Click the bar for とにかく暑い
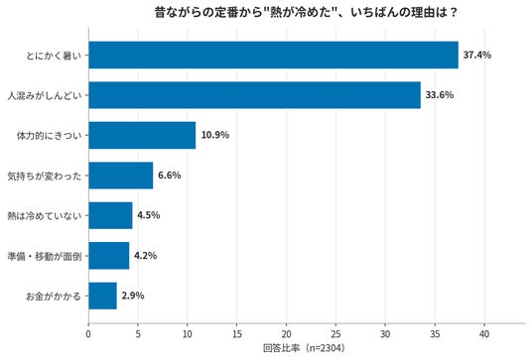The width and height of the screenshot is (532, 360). point(274,55)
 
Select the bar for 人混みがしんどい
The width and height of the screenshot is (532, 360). point(255,95)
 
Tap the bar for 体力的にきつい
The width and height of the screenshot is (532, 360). point(142,135)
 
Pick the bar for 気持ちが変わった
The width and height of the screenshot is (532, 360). point(121,176)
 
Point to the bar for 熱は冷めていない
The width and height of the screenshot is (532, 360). point(110,215)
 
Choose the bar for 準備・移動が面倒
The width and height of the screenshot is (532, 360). point(109,256)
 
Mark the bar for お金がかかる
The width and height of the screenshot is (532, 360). point(103,296)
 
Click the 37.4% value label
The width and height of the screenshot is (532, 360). point(477,55)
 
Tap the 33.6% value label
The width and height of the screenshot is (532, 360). point(440,95)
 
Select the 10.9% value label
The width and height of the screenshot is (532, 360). point(215,135)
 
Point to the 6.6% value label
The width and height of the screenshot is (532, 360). point(170,176)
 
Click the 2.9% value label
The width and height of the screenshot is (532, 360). point(133,296)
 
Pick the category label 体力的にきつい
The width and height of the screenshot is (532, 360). point(50,136)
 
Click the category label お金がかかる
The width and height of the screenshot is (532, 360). point(54,297)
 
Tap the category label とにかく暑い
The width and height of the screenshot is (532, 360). point(54,56)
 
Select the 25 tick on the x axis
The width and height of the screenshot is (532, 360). point(335,334)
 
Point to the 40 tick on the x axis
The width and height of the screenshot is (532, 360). point(484,334)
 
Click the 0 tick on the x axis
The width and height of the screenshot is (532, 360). point(88,334)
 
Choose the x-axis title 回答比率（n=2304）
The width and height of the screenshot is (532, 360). point(304,348)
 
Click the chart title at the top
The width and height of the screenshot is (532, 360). point(307,13)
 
